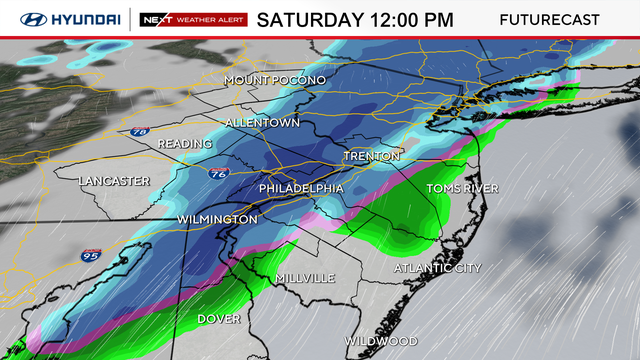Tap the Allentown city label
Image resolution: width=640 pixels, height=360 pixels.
pos(262,122)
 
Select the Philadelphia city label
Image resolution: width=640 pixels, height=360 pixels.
pos(301,188)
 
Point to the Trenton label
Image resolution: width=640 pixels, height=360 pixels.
pos(371,157)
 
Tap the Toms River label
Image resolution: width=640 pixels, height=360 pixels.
pos(462,188)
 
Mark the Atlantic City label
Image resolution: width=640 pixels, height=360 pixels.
pos(438,268)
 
